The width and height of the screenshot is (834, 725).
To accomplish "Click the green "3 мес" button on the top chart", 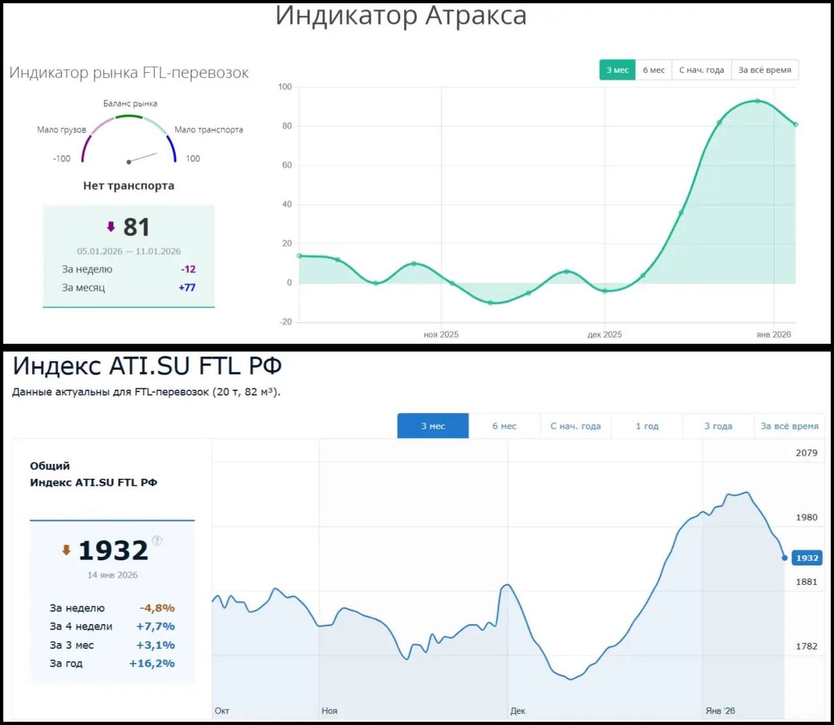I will click(617, 70).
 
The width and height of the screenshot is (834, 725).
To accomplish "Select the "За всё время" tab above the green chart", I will click(764, 70).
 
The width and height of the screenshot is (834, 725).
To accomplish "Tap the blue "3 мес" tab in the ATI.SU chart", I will click(433, 426).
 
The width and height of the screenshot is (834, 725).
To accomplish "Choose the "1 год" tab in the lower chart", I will click(647, 426).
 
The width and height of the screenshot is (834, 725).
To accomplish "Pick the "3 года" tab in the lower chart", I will click(718, 426).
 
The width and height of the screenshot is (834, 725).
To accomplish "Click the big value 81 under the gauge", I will click(137, 227).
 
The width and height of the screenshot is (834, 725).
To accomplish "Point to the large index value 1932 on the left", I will click(113, 551).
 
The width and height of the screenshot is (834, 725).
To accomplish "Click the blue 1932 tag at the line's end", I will click(807, 558).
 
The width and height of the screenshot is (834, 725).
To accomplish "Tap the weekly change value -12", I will click(188, 270).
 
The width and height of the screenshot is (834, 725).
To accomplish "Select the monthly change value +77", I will click(187, 288).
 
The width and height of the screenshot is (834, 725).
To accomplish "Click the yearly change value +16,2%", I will click(152, 664).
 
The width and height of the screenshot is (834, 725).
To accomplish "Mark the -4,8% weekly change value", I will click(157, 608).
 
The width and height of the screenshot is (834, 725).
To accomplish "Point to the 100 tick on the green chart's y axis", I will click(285, 87).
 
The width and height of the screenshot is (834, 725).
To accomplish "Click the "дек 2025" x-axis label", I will click(605, 335).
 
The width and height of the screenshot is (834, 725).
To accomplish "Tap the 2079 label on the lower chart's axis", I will click(806, 453).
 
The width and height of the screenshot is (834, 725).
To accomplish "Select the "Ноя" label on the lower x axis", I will click(330, 711).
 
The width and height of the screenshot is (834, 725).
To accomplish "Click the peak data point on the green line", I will click(757, 101).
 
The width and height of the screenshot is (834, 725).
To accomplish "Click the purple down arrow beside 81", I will click(111, 227).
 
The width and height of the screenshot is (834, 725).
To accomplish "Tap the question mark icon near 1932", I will click(157, 541).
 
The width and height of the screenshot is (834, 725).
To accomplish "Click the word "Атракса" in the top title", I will click(476, 16).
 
